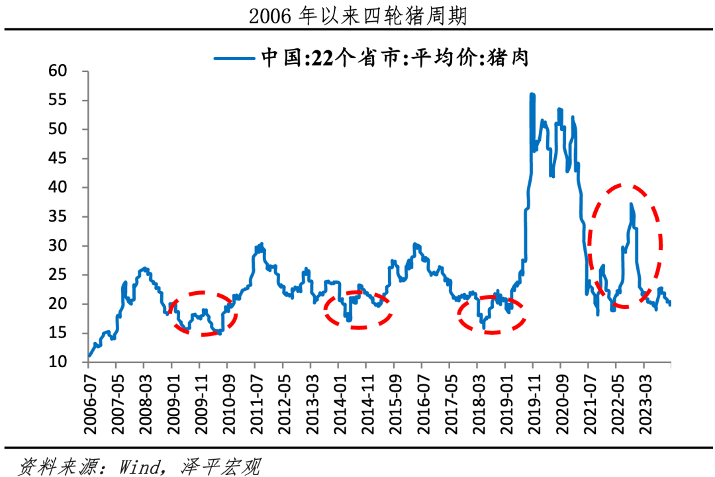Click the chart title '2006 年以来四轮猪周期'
(358, 15)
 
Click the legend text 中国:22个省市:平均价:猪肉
(395, 58)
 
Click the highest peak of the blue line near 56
(532, 95)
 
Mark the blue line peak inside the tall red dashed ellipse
(631, 204)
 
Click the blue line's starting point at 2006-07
(89, 356)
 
